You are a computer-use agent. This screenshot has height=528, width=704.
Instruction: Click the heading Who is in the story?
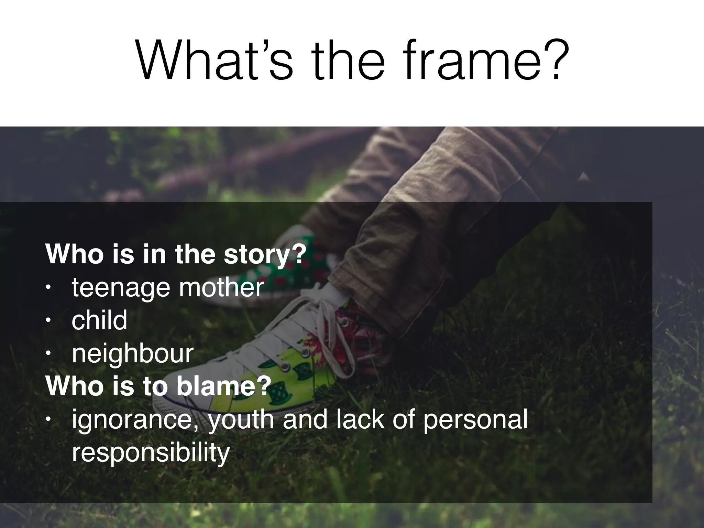coord(175,254)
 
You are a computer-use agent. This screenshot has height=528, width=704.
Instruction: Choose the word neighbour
coord(132,354)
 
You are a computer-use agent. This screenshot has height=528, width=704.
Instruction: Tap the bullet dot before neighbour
coord(48,354)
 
